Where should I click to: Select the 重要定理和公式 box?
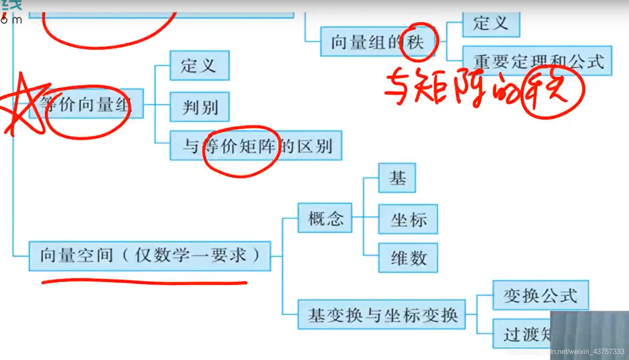[537, 61]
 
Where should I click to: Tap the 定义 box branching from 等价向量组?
[199, 66]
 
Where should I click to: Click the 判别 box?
[199, 107]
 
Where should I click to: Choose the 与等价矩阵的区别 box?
[256, 146]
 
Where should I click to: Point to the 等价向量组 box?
[86, 104]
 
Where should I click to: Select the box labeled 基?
[397, 178]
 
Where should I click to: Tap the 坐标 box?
[408, 219]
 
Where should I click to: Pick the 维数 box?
[408, 258]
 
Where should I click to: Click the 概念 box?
[325, 218]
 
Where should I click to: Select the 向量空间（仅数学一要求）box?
[150, 256]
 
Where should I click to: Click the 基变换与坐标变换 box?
[381, 315]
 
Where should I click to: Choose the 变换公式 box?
[540, 296]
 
